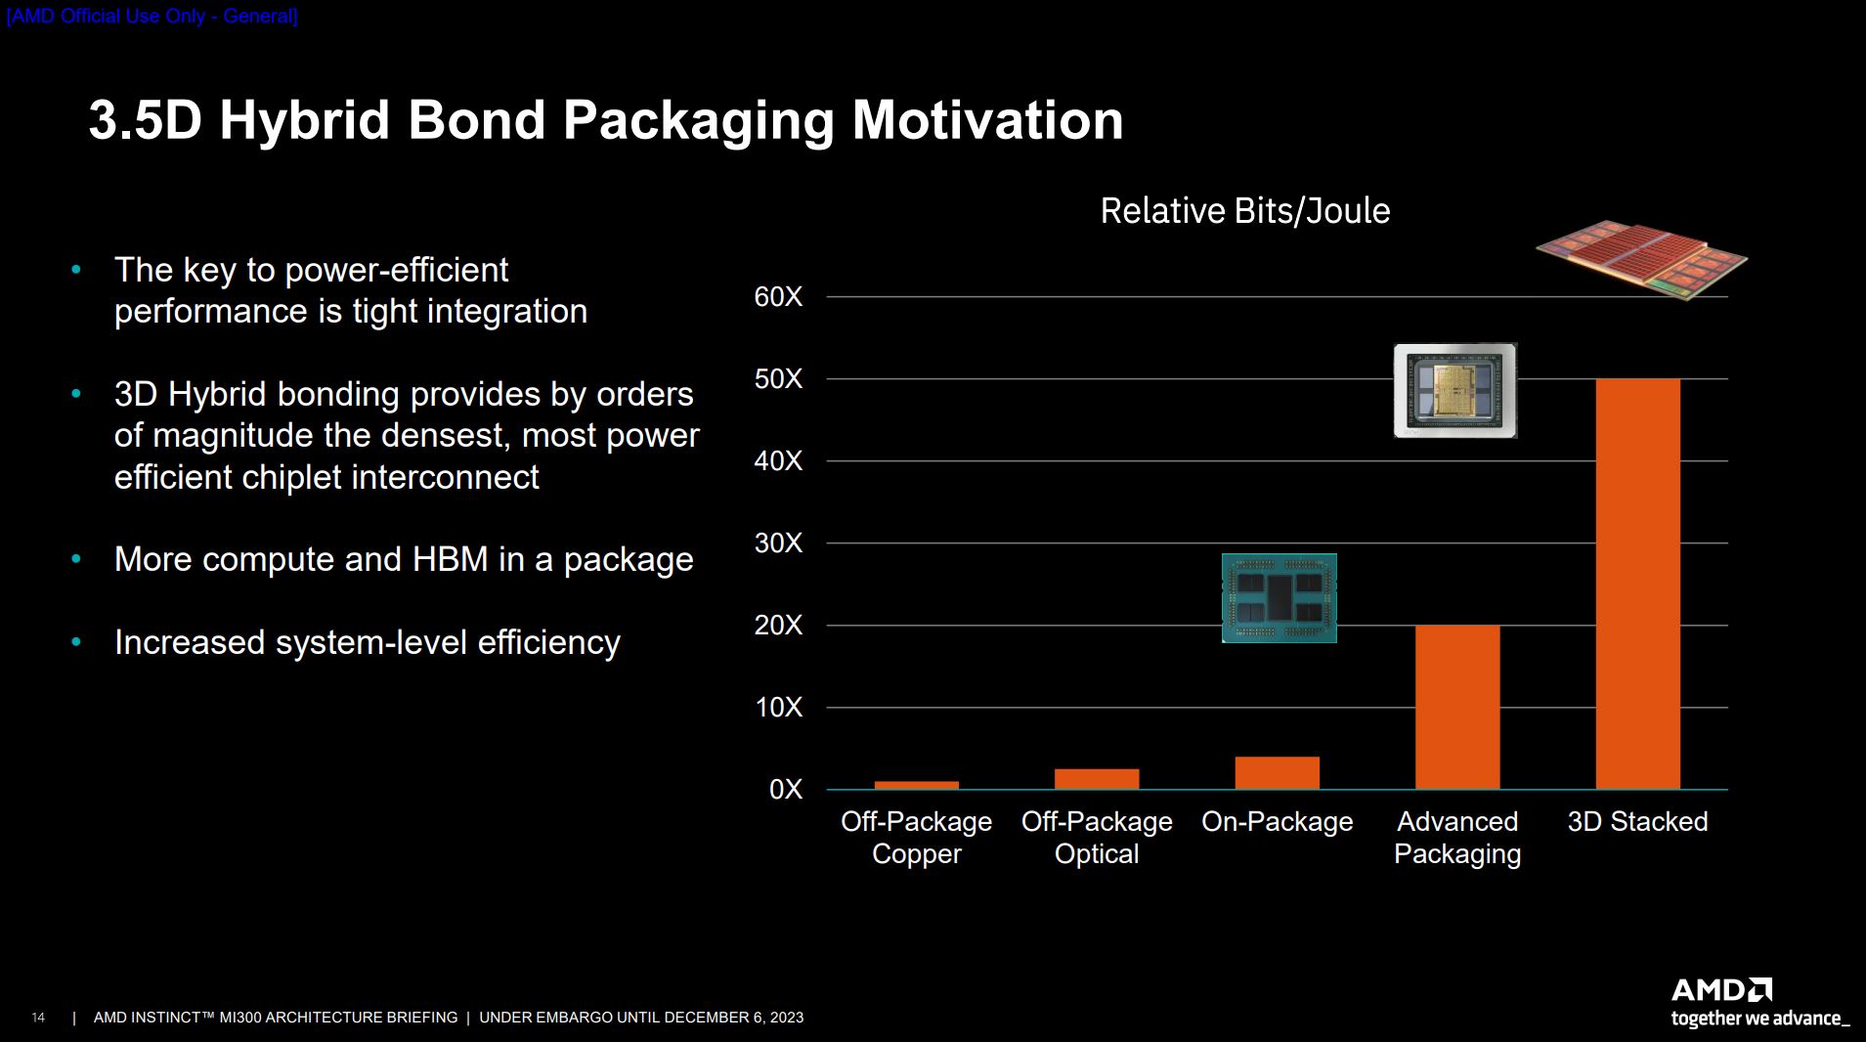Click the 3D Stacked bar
pos(1637,584)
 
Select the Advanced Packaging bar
pos(1456,707)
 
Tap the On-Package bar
pos(1277,773)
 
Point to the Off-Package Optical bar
pos(1096,779)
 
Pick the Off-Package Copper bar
pos(916,785)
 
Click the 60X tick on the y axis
pos(778,297)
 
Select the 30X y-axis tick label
pos(778,543)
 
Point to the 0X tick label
pos(785,790)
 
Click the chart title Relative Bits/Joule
pos(1244,211)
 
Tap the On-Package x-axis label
pos(1277,822)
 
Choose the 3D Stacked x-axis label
pos(1637,822)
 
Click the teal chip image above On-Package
pos(1279,598)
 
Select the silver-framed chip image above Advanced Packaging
pos(1454,390)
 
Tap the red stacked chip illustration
pos(1642,259)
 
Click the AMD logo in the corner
pos(1721,990)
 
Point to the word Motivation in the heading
pos(987,120)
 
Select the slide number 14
pos(38,1019)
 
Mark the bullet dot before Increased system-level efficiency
pos(76,642)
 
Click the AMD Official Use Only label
pos(152,17)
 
